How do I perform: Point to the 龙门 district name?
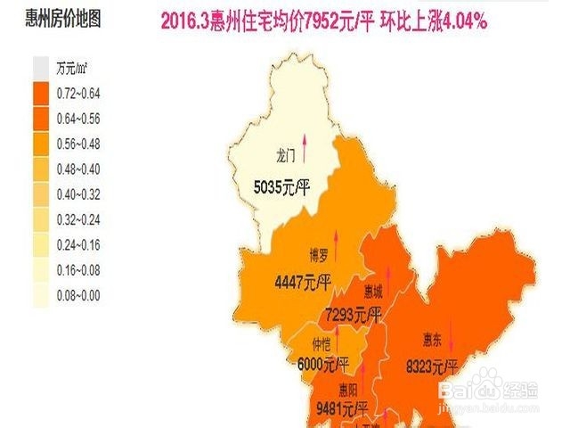[x=285, y=154]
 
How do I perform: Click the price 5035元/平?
[x=281, y=188]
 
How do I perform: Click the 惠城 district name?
[x=373, y=290]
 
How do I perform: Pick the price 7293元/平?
[x=354, y=315]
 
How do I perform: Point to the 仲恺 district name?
[x=321, y=343]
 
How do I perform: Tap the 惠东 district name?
[x=433, y=338]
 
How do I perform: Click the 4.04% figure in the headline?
[x=457, y=21]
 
